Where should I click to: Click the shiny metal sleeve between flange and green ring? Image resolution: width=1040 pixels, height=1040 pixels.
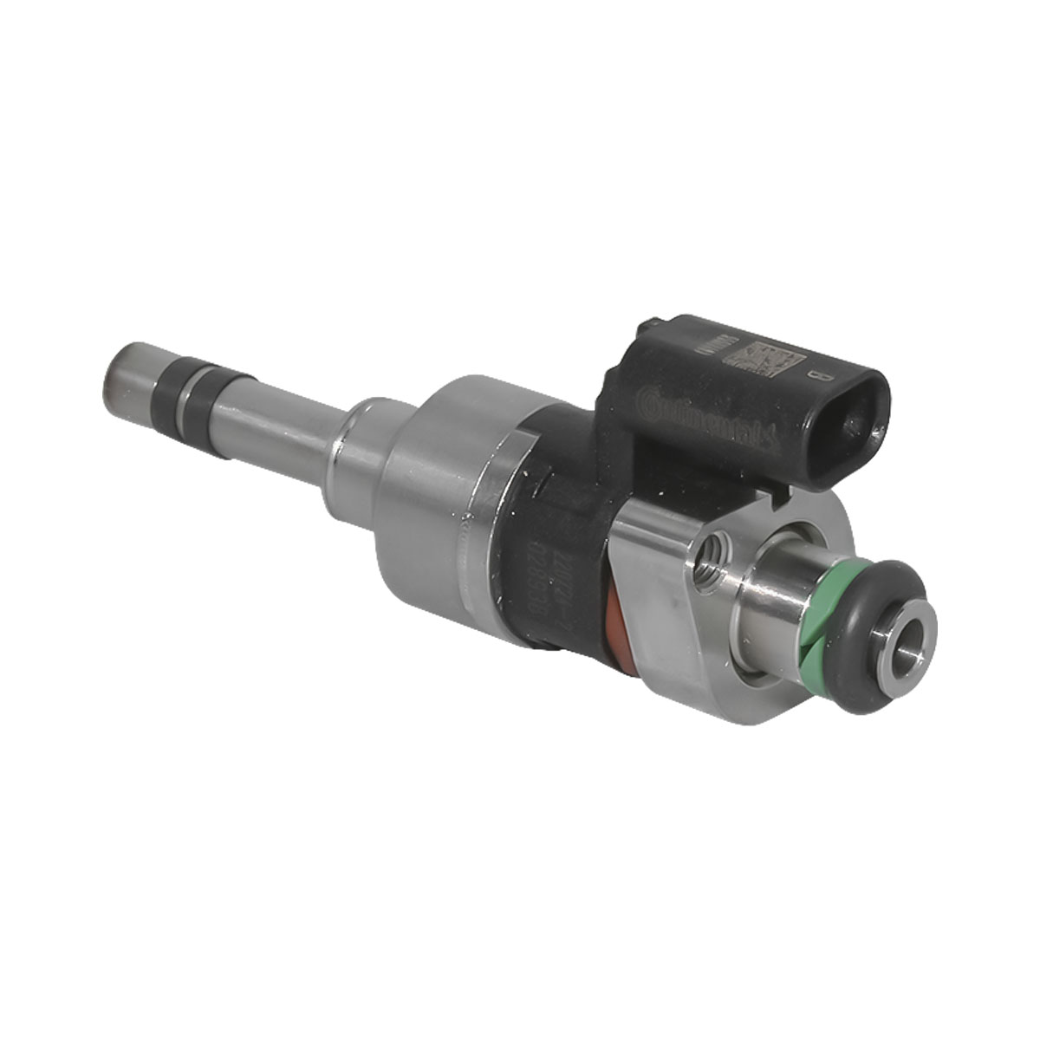[x=767, y=598]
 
